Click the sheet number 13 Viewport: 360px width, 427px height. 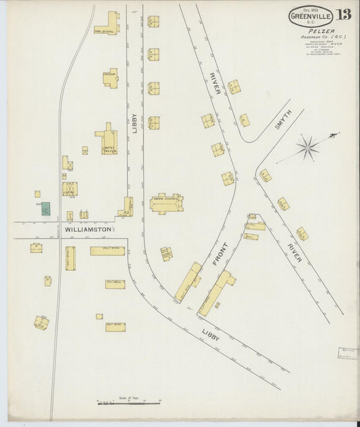[x=342, y=15]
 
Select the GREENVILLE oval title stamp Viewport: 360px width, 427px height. [x=310, y=15]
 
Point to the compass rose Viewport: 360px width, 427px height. [x=309, y=146]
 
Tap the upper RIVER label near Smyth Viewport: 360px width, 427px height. [x=215, y=82]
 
